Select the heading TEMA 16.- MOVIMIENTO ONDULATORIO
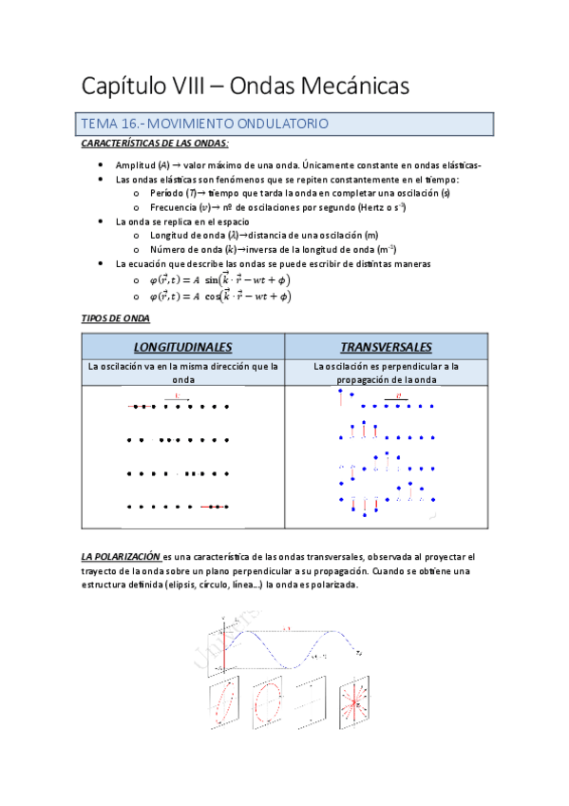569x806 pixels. pyautogui.click(x=205, y=124)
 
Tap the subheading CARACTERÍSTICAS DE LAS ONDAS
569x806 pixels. pyautogui.click(x=154, y=143)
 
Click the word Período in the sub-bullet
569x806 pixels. pyautogui.click(x=170, y=193)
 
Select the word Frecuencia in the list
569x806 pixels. pyautogui.click(x=176, y=206)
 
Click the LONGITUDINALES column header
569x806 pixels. pyautogui.click(x=182, y=347)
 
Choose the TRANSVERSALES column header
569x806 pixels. pyautogui.click(x=386, y=347)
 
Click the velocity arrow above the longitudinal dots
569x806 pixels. pyautogui.click(x=178, y=398)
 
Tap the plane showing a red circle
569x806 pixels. pyautogui.click(x=273, y=704)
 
